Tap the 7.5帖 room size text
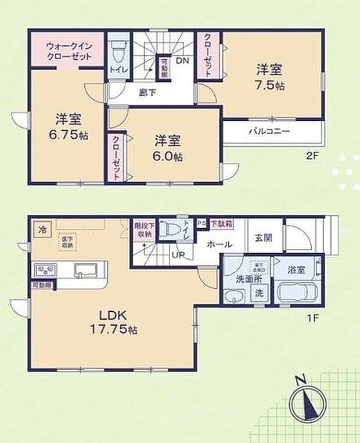click(x=270, y=85)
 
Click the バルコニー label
click(x=269, y=131)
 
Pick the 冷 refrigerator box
click(x=42, y=230)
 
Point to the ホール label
click(x=219, y=244)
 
